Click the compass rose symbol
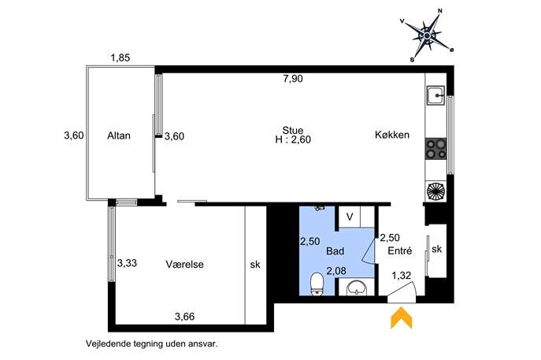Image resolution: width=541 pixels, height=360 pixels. pyautogui.click(x=427, y=35)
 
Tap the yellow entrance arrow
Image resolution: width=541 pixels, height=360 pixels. pyautogui.click(x=402, y=317)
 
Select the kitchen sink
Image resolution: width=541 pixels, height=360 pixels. pyautogui.click(x=436, y=95)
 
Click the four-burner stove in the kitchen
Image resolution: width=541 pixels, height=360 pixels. pyautogui.click(x=436, y=148)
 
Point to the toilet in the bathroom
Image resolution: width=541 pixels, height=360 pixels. pyautogui.click(x=317, y=284)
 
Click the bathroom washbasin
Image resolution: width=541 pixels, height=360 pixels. pyautogui.click(x=357, y=288)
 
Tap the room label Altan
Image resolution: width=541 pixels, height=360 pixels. pyautogui.click(x=119, y=135)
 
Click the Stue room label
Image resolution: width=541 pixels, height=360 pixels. pyautogui.click(x=293, y=130)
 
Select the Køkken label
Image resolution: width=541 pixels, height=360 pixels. pyautogui.click(x=392, y=135)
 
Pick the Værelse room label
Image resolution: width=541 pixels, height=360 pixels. pyautogui.click(x=184, y=265)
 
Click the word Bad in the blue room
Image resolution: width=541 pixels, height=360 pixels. pyautogui.click(x=335, y=251)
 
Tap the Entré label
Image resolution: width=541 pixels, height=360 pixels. pyautogui.click(x=400, y=251)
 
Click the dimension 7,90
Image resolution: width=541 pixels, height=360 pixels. pyautogui.click(x=293, y=79)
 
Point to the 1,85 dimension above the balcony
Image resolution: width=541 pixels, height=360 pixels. pyautogui.click(x=120, y=58)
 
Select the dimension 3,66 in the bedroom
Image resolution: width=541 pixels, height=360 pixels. pyautogui.click(x=184, y=316)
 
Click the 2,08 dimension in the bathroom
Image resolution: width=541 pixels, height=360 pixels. pyautogui.click(x=336, y=271)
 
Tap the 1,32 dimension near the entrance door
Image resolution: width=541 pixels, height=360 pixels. pyautogui.click(x=402, y=276)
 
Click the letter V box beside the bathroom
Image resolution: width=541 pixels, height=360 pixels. pyautogui.click(x=350, y=217)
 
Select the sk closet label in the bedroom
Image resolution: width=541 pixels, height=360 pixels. pyautogui.click(x=255, y=265)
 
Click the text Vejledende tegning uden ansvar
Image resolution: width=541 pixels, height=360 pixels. pyautogui.click(x=152, y=343)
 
